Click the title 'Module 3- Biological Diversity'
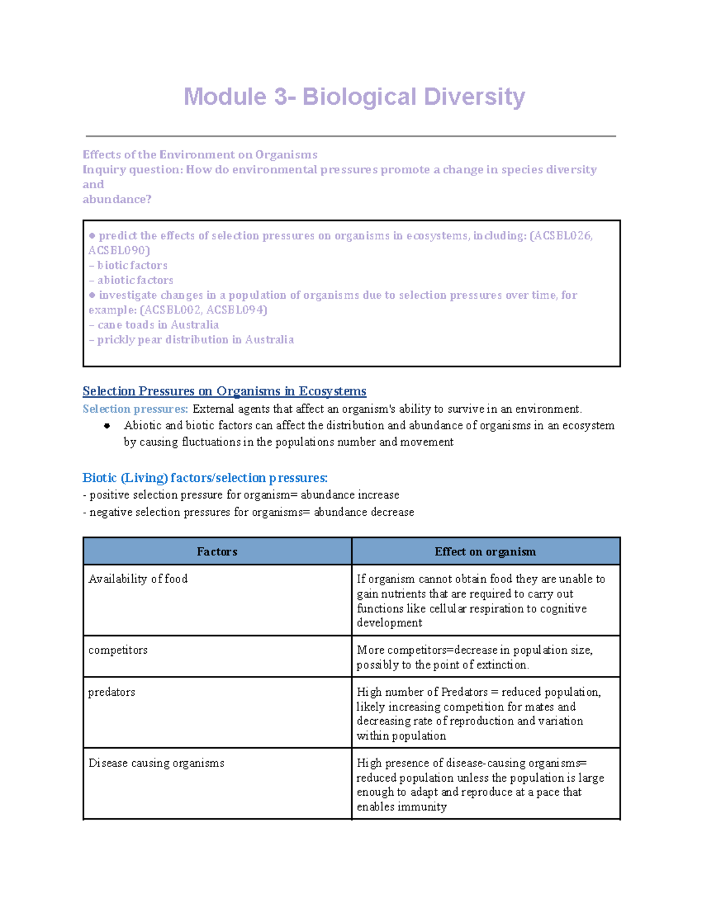pyautogui.click(x=354, y=97)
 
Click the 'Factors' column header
pyautogui.click(x=216, y=551)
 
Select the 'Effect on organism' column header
pyautogui.click(x=485, y=551)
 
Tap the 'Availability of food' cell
pyautogui.click(x=138, y=579)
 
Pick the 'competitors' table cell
pyautogui.click(x=118, y=650)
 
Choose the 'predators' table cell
pyautogui.click(x=112, y=692)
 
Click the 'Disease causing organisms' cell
pyautogui.click(x=156, y=763)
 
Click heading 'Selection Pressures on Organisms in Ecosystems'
pyautogui.click(x=224, y=391)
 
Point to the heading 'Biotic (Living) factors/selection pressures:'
pyautogui.click(x=205, y=478)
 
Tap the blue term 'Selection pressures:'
pyautogui.click(x=135, y=409)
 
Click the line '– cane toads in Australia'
pyautogui.click(x=154, y=324)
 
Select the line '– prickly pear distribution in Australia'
pyautogui.click(x=191, y=340)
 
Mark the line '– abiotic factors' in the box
pyautogui.click(x=131, y=280)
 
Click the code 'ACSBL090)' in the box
pyautogui.click(x=119, y=250)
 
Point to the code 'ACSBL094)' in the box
pyautogui.click(x=237, y=310)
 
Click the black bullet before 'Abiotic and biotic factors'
pyautogui.click(x=107, y=426)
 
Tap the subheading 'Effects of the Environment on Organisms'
pyautogui.click(x=200, y=154)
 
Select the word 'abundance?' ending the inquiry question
pyautogui.click(x=117, y=199)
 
